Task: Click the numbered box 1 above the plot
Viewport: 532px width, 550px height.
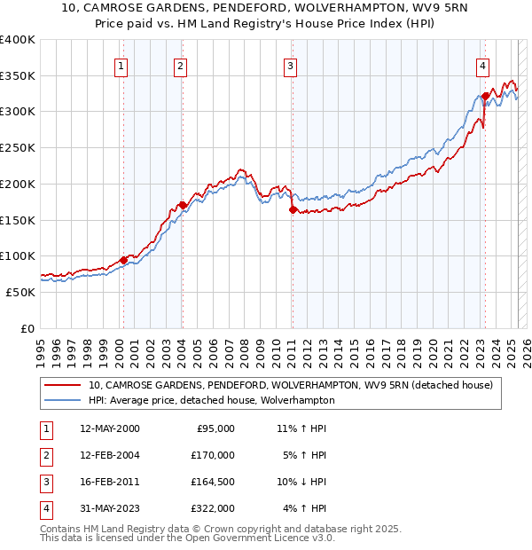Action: coord(120,65)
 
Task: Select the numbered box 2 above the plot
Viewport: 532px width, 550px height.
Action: coord(180,65)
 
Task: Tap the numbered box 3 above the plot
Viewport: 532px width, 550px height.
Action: coord(290,65)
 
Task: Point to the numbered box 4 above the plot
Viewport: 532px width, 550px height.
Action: coord(482,65)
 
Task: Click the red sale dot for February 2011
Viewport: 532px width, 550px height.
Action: coord(292,209)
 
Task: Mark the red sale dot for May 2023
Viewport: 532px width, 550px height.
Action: coord(485,95)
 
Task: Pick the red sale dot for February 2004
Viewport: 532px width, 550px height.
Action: coord(182,205)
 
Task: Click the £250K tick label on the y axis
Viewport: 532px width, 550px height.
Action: coord(18,147)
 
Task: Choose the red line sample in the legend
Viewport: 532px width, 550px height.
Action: coord(63,386)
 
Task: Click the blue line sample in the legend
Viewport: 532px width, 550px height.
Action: coord(63,401)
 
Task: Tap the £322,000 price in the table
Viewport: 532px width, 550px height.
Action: coord(213,508)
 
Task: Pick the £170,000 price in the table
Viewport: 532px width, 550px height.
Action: coord(213,455)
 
